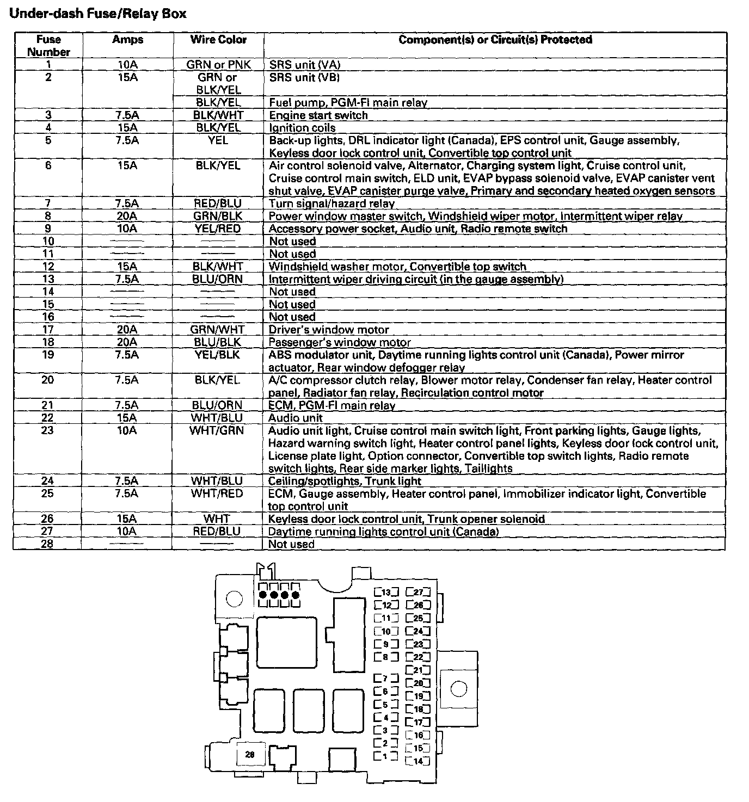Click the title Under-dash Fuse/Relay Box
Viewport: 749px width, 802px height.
98,14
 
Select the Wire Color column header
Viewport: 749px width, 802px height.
218,40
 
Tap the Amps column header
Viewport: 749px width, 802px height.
128,40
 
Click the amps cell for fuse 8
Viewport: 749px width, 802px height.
127,216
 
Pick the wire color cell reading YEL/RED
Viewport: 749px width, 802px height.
218,229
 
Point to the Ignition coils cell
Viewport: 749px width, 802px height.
302,128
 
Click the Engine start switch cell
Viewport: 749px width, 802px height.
318,115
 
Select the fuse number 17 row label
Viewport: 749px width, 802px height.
48,330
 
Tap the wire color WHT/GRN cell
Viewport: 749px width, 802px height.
218,431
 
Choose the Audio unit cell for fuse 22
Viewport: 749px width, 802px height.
296,418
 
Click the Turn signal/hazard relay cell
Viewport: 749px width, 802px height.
331,203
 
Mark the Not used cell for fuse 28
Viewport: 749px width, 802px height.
291,544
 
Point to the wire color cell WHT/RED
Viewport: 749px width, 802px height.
218,494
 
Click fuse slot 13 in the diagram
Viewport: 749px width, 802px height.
386,593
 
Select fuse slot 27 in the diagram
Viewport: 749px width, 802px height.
418,593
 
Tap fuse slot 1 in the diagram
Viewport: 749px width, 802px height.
385,756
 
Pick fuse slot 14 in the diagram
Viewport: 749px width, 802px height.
418,761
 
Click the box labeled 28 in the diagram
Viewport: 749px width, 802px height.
250,755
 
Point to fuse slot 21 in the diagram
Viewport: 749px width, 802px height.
418,670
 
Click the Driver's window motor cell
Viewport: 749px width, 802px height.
329,330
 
